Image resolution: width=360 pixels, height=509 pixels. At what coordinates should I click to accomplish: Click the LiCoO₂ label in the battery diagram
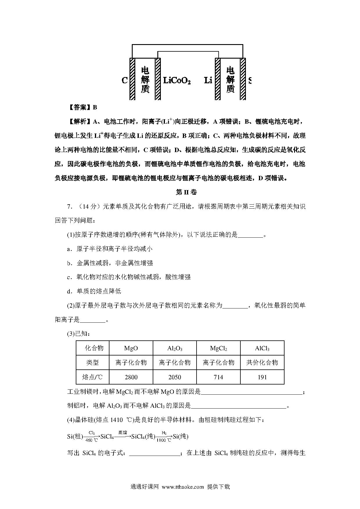[x=177, y=80]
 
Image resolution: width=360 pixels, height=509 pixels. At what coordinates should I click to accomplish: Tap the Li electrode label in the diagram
[x=208, y=80]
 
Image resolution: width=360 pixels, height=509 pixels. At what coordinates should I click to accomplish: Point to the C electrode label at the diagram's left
[x=125, y=80]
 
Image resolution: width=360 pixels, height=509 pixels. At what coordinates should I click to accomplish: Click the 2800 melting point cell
[x=131, y=377]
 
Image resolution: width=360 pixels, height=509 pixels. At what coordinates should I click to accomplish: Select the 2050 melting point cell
[x=175, y=377]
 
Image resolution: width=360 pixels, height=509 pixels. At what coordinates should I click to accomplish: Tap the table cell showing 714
[x=218, y=377]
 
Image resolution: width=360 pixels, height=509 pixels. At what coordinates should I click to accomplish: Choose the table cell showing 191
[x=262, y=377]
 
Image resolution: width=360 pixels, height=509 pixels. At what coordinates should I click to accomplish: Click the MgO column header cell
[x=131, y=348]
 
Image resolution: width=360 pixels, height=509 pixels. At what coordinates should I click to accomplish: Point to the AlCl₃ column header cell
[x=262, y=348]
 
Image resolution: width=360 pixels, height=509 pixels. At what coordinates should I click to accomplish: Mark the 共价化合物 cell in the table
[x=262, y=362]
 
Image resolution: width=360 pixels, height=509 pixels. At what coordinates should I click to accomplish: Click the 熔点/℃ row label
[x=93, y=377]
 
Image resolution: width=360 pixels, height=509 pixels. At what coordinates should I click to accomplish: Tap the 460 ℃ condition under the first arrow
[x=91, y=440]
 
